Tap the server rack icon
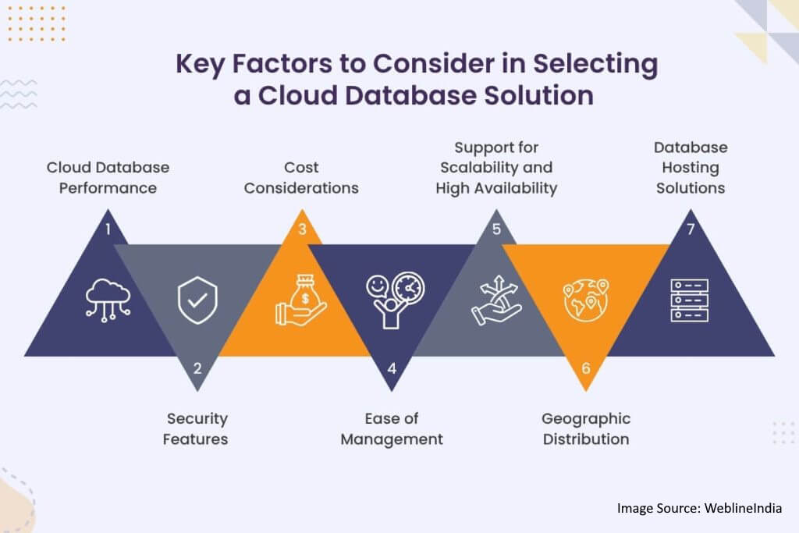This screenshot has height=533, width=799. click(689, 300)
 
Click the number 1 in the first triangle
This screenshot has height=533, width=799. click(108, 229)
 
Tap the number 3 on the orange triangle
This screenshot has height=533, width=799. click(301, 229)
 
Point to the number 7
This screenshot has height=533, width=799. click(689, 229)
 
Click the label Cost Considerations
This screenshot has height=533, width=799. click(301, 178)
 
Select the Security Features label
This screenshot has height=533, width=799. click(196, 428)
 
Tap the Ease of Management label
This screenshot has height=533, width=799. click(392, 428)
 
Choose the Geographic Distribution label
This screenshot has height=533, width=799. click(586, 428)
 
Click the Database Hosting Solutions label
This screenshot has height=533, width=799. click(691, 168)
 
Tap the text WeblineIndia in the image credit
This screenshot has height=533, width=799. click(742, 508)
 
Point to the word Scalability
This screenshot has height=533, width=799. click(479, 167)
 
